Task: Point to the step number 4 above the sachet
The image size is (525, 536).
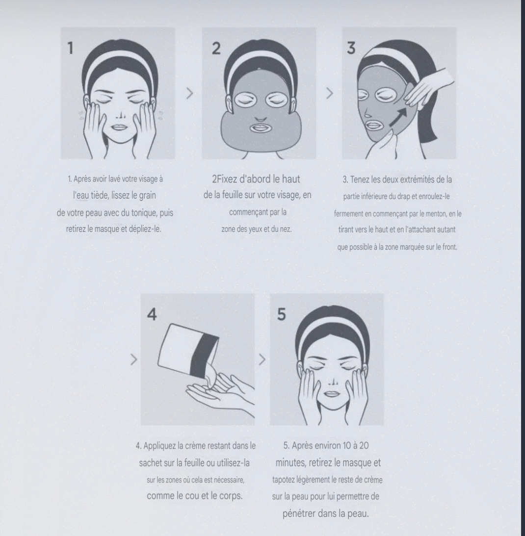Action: (153, 315)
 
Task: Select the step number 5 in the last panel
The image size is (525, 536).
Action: (282, 315)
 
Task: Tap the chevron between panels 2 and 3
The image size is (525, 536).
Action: (330, 94)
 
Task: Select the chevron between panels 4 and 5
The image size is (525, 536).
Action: (262, 359)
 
